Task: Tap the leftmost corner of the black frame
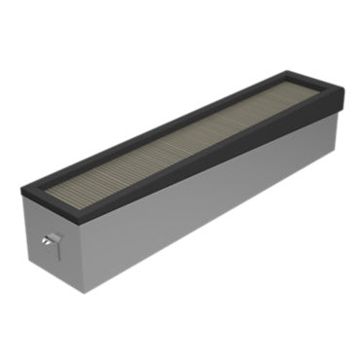point(20,184)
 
